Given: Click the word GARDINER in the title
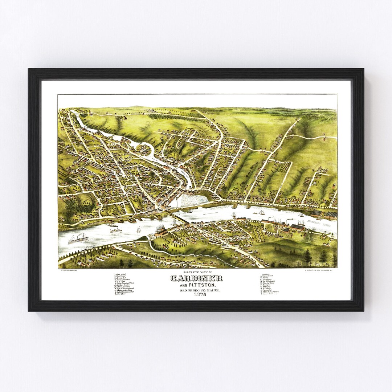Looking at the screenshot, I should click(x=196, y=279).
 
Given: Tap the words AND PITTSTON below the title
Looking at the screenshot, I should click(x=196, y=286).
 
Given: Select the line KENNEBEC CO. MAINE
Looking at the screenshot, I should click(x=196, y=290).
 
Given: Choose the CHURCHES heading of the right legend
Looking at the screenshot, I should click(x=265, y=274).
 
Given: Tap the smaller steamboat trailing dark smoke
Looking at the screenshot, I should click(x=116, y=230).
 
